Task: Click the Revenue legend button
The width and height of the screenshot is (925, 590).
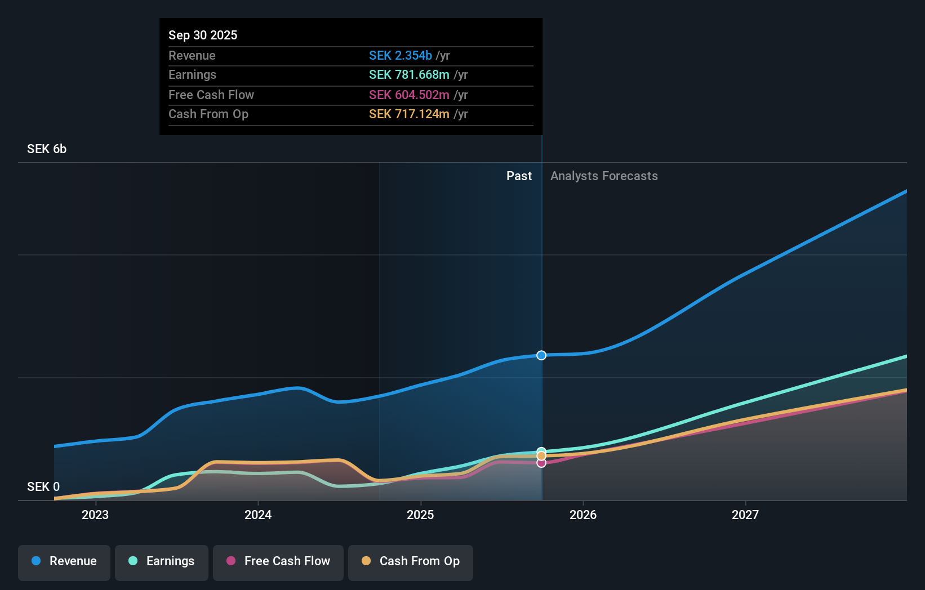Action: (64, 561)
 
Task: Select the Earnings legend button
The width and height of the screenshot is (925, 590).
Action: (162, 561)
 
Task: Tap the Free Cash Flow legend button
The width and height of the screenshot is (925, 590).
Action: (278, 561)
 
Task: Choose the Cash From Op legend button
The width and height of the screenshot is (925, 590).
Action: (411, 561)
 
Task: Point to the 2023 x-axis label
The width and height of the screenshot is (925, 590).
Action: (95, 515)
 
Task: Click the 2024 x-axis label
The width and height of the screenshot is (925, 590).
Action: (258, 515)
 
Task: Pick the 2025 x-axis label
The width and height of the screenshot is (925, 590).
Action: (420, 515)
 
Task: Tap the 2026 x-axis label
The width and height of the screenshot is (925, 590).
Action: (583, 515)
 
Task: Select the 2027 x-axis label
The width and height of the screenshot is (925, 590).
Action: (745, 515)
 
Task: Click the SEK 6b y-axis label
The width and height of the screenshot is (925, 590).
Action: (47, 149)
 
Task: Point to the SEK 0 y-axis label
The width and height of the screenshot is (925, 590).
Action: (43, 486)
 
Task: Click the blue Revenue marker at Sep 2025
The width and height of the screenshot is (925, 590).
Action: (541, 355)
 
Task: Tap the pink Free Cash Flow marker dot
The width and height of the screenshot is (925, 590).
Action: (541, 463)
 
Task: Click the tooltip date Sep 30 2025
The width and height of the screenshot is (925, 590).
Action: (203, 35)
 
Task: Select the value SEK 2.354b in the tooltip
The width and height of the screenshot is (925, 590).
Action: (400, 55)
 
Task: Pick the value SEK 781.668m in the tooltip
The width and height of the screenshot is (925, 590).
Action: (409, 75)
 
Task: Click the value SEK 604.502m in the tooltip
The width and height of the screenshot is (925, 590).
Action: (409, 95)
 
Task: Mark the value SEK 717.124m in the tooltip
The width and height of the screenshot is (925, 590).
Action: (409, 114)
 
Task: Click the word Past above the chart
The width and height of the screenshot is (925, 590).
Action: (519, 176)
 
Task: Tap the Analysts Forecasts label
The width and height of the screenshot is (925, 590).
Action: (604, 176)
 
